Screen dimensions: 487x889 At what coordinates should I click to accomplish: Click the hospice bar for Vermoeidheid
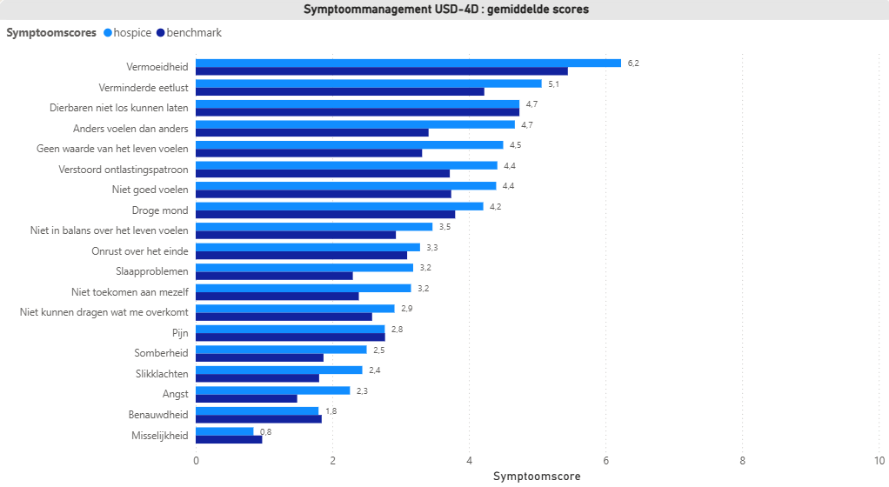pos(408,63)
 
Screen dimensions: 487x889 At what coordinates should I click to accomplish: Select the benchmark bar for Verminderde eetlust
pos(339,91)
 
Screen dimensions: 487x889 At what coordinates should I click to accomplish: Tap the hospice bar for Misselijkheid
pos(224,431)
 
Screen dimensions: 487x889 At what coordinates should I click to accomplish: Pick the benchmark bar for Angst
pos(246,398)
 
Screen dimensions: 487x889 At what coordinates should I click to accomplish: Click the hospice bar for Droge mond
pos(339,206)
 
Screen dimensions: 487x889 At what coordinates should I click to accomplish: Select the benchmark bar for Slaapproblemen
pos(274,276)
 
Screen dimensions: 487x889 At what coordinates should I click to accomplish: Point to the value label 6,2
pos(633,63)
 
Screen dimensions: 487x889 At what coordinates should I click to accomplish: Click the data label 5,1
pos(553,84)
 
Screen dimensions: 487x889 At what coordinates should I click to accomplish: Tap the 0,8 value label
pos(266,432)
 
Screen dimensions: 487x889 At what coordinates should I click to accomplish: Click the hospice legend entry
pos(126,33)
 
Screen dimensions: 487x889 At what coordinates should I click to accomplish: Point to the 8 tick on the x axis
pos(743,461)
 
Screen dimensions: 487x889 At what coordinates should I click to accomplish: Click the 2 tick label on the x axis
pos(332,461)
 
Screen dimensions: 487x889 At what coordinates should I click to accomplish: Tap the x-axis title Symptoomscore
pos(537,477)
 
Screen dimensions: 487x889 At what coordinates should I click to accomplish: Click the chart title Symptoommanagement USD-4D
pos(444,10)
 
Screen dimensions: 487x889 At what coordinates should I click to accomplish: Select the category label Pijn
pos(180,332)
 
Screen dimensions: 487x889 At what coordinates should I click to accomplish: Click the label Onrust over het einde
pos(139,250)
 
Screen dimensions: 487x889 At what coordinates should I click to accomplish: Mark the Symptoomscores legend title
pos(51,33)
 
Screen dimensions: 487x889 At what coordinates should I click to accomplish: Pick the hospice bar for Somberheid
pos(281,350)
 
